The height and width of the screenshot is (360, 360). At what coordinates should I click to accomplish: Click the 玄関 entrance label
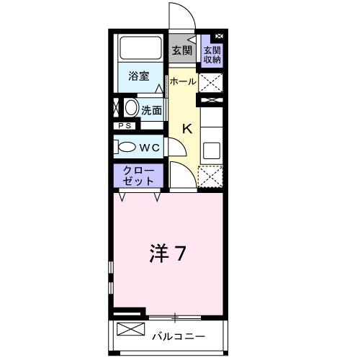click(181, 50)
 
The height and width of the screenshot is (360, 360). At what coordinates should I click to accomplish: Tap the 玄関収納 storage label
click(212, 55)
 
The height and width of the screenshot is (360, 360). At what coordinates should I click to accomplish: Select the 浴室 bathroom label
click(139, 76)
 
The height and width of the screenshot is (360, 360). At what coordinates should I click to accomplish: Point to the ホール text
click(182, 81)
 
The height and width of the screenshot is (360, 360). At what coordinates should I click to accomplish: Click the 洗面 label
click(151, 110)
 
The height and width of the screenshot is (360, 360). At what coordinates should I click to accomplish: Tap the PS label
click(125, 125)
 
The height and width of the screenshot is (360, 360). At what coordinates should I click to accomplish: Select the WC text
click(149, 146)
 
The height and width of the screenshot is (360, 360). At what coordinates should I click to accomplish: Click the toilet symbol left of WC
click(126, 146)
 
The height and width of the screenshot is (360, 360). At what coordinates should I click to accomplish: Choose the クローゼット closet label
click(138, 175)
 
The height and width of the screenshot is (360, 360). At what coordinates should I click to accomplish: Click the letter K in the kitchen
click(186, 129)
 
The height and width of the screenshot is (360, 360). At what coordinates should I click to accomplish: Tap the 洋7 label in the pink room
click(168, 253)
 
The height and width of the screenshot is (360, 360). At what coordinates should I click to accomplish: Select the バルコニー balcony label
click(179, 336)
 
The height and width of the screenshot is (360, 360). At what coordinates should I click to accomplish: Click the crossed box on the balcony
click(130, 331)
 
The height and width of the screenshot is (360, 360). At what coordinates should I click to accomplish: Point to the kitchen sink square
click(212, 150)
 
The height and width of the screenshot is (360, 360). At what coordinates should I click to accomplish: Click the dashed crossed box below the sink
click(212, 176)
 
